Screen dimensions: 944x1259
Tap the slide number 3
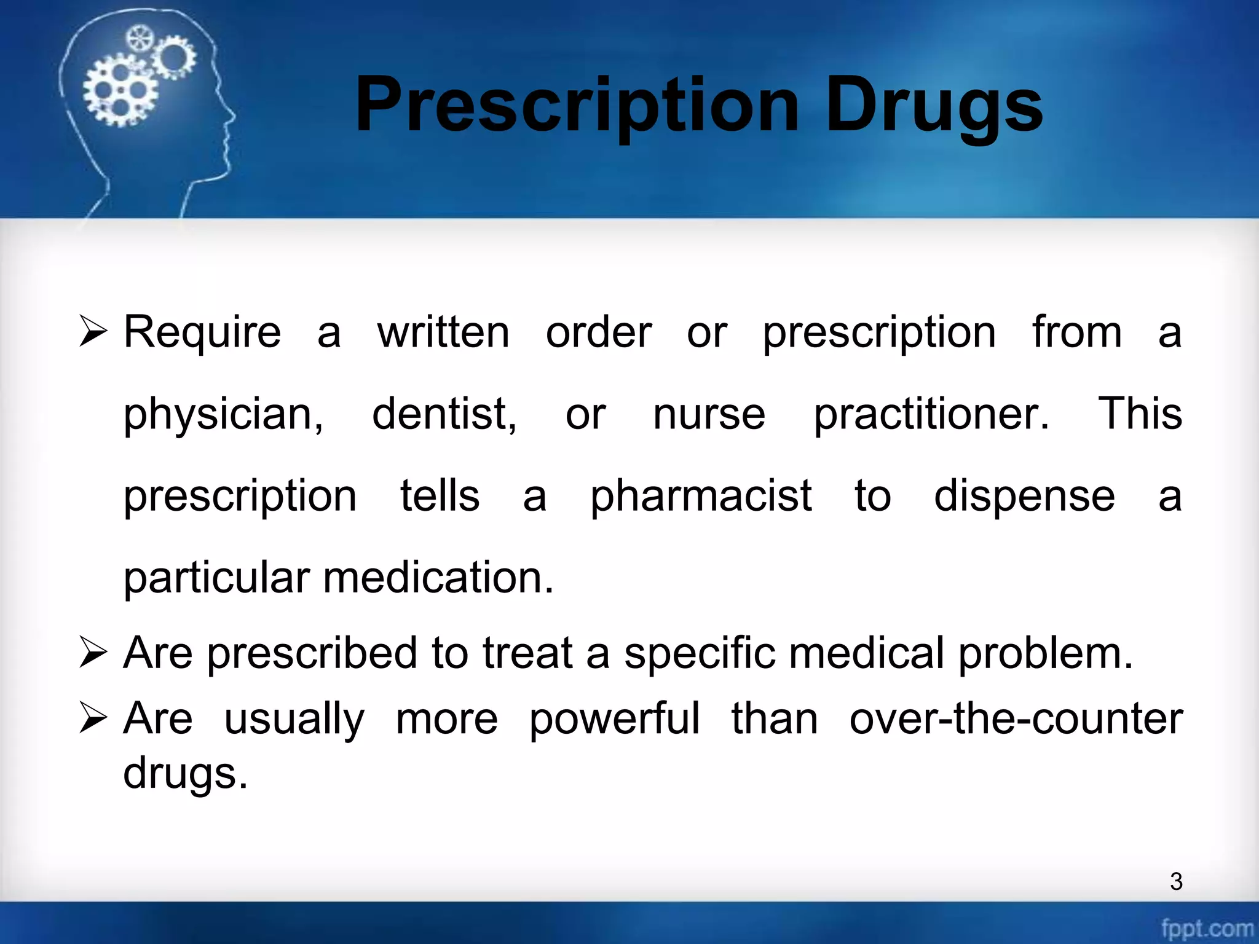tap(1176, 881)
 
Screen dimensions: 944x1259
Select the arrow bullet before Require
tap(93, 332)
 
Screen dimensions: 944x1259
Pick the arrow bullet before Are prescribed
tap(93, 653)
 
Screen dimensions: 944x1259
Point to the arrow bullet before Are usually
tap(93, 718)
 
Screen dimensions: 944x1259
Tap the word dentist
tap(444, 414)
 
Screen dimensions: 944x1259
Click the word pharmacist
tap(701, 497)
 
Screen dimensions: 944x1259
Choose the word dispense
tap(1024, 497)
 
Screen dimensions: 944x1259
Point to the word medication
tap(438, 578)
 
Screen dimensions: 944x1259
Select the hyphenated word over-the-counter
tap(1016, 718)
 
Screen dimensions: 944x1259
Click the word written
tap(443, 332)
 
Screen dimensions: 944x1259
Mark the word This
tap(1140, 414)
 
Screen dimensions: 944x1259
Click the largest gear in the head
tap(119, 90)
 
